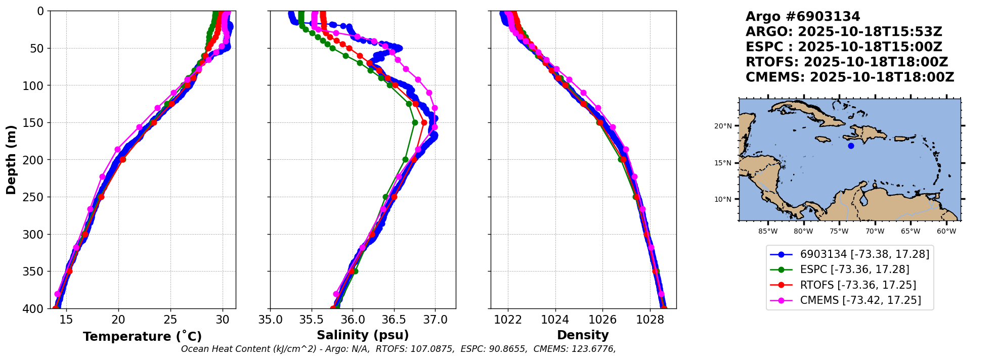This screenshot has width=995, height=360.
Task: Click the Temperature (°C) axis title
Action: (x=142, y=337)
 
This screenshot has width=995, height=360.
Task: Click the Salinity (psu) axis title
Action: (x=363, y=335)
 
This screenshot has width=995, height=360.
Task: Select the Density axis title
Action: (x=583, y=335)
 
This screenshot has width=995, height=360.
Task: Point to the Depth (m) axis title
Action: (x=11, y=159)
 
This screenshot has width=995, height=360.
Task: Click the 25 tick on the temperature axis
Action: (x=170, y=320)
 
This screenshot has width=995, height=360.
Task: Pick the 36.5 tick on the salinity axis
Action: (x=394, y=320)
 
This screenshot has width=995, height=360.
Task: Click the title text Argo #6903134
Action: (x=803, y=17)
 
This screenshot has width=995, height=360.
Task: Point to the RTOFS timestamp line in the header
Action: (x=847, y=62)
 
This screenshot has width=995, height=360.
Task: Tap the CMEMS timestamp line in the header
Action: (x=850, y=77)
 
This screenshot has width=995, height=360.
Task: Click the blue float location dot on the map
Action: (x=851, y=146)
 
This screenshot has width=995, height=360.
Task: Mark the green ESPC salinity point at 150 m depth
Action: (x=415, y=122)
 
